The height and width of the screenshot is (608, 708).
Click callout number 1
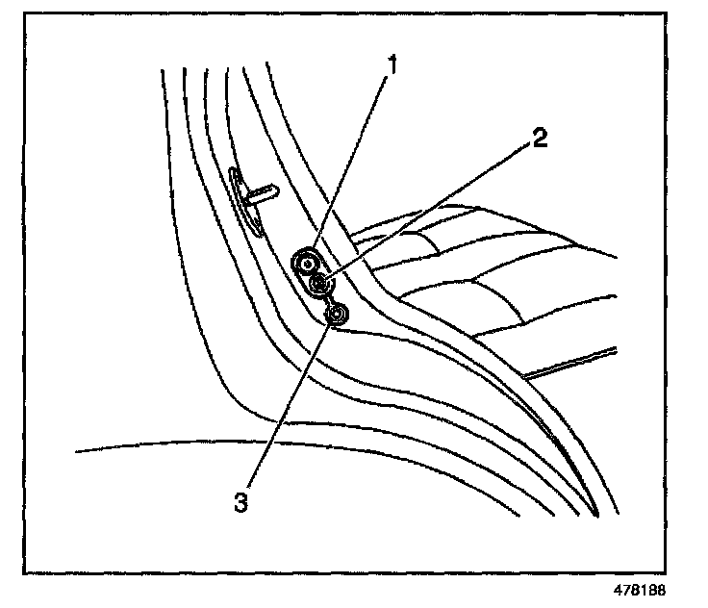point(392,64)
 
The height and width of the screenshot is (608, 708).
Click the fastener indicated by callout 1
point(307,260)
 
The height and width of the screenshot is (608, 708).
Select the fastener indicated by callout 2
point(319,283)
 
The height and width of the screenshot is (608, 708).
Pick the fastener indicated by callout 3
point(337,315)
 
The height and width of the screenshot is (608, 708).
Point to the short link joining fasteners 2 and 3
point(328,298)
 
